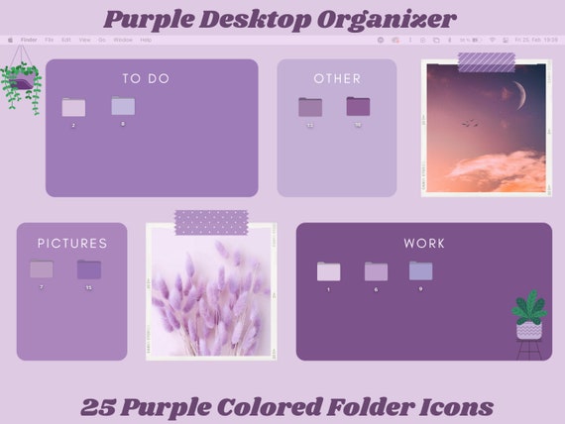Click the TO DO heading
(146, 78)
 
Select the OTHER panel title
(337, 78)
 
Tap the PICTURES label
(72, 243)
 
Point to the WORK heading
(424, 243)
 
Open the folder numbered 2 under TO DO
(73, 108)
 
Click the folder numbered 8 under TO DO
(123, 106)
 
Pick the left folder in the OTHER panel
(310, 107)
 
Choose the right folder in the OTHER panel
(358, 106)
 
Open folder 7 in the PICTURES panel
(42, 268)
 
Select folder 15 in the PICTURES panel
(89, 269)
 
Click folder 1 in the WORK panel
(328, 271)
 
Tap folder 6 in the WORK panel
(376, 271)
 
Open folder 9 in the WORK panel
(421, 270)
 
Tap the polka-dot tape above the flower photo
(211, 222)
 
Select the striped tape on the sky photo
(487, 61)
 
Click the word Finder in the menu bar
(29, 41)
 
